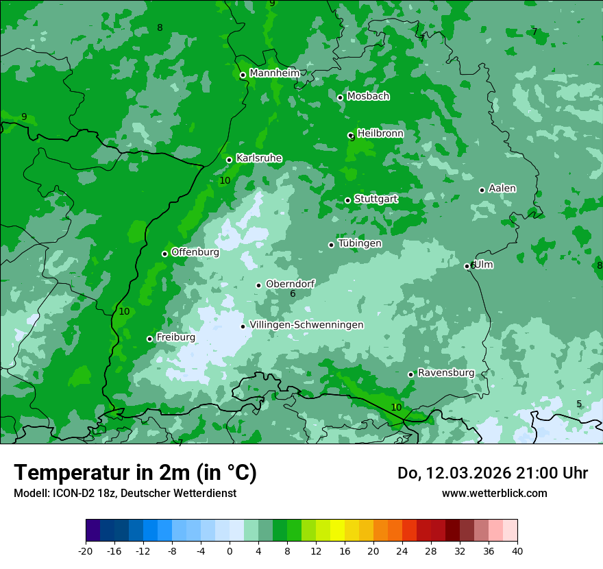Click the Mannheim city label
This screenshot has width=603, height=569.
[274, 73]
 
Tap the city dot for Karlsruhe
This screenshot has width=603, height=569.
[229, 160]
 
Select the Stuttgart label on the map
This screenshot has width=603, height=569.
[376, 199]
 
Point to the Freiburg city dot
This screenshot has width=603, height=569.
[149, 339]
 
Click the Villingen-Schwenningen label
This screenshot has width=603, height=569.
[306, 325]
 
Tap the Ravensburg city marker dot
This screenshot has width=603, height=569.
[410, 374]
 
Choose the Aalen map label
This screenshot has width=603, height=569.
[502, 189]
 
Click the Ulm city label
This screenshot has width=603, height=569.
[484, 265]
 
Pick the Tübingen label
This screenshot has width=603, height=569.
[360, 243]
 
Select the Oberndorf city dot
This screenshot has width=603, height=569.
[258, 285]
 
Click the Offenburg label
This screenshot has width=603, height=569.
[195, 252]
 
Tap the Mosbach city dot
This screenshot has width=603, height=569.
[340, 97]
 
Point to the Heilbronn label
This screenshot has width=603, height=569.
[380, 134]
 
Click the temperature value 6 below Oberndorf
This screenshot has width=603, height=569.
[293, 294]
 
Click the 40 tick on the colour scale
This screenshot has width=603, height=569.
[517, 550]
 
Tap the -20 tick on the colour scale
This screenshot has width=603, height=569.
[86, 550]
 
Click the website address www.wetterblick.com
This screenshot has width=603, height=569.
[494, 493]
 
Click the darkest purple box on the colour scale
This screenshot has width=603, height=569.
[93, 531]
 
